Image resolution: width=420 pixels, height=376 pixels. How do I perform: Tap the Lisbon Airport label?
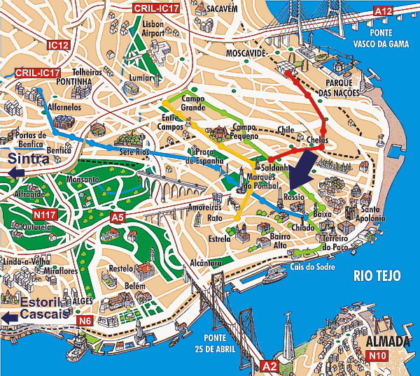(152, 28)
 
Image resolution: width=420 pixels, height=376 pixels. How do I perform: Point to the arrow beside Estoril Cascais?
(8, 317)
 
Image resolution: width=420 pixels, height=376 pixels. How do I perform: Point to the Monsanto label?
(83, 180)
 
